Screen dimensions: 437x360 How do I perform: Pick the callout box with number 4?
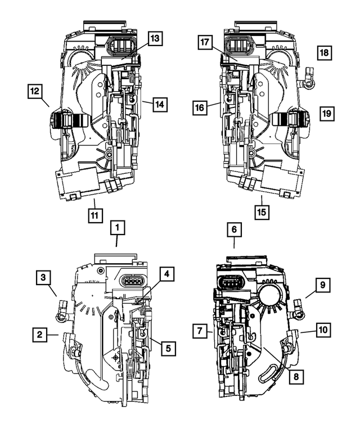(166, 274)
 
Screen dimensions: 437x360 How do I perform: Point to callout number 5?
(168, 348)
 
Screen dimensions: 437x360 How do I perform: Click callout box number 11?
(95, 214)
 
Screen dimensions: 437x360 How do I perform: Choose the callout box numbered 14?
(159, 104)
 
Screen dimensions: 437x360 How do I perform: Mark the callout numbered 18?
(325, 53)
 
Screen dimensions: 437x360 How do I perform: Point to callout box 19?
(326, 114)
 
